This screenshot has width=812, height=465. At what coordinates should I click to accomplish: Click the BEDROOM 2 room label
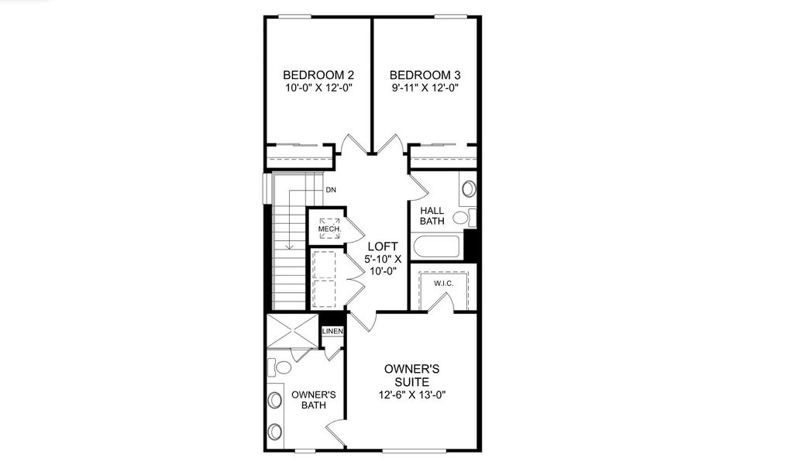coord(318,75)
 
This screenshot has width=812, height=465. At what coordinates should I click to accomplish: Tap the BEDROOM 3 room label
coord(425,75)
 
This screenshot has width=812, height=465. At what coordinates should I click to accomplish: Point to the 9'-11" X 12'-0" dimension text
coord(425,88)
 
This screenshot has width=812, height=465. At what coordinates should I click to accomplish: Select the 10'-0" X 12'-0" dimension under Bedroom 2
coord(318,88)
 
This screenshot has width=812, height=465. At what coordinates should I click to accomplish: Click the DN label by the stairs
coord(331,190)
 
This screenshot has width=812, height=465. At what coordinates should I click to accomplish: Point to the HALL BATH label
coord(432,216)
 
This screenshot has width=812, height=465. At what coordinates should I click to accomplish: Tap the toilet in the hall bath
coord(462,217)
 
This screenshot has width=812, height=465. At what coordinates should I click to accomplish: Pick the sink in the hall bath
coord(468,188)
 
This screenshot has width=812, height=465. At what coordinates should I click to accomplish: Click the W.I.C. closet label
coord(443,284)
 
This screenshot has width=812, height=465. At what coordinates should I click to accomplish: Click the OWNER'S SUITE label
coord(411,375)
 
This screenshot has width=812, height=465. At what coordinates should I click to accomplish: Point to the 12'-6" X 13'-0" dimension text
coord(411,395)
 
